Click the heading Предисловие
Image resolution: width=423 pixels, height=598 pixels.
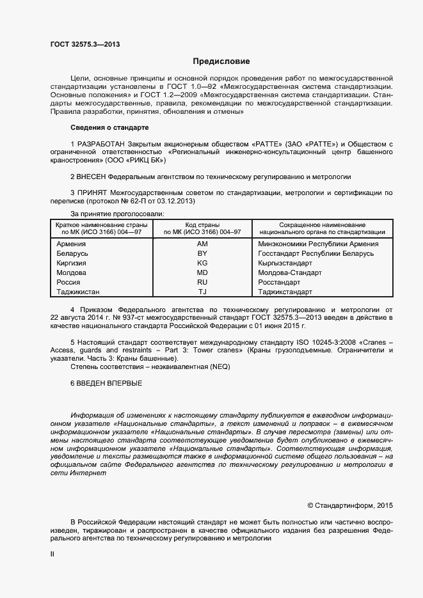click(x=221, y=61)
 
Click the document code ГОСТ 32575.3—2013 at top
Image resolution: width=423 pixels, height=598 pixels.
click(x=85, y=44)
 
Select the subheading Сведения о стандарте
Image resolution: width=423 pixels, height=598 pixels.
click(x=109, y=128)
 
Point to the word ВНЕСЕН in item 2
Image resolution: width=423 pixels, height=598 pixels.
click(x=92, y=176)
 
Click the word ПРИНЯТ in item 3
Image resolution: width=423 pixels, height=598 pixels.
click(x=93, y=193)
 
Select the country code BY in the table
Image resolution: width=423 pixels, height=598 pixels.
click(x=202, y=254)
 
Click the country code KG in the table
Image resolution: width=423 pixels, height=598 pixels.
click(x=202, y=264)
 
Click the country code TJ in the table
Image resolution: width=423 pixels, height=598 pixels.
click(x=202, y=292)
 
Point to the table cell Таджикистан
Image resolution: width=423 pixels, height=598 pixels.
click(x=78, y=292)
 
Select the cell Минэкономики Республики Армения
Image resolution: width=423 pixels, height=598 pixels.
click(x=318, y=244)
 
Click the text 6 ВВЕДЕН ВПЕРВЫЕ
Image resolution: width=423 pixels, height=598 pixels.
click(x=106, y=383)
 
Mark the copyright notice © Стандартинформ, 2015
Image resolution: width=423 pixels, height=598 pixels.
click(x=350, y=505)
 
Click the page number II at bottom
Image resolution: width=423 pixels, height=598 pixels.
click(x=52, y=555)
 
